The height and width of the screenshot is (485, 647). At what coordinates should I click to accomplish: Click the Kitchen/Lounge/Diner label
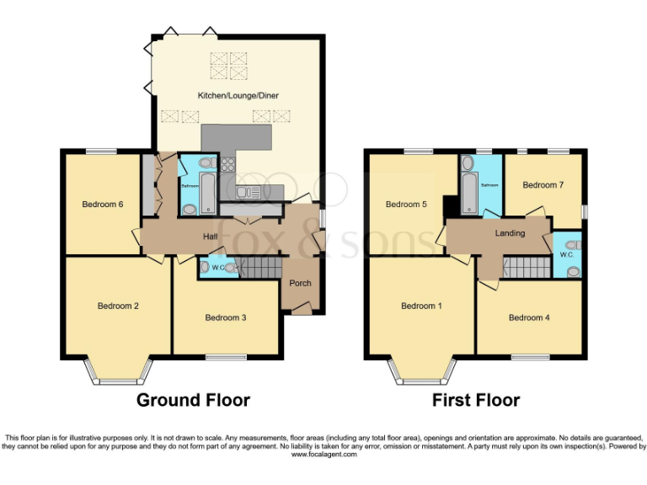tap(238, 96)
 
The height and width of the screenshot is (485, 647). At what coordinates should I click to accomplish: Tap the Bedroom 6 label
tap(103, 204)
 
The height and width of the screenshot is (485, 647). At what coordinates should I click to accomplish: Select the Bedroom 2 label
tap(118, 306)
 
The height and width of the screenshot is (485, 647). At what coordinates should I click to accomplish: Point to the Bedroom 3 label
tap(226, 317)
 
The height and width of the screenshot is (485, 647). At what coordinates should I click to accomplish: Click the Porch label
tap(301, 283)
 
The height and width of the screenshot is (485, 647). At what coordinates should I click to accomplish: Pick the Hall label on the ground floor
tap(211, 237)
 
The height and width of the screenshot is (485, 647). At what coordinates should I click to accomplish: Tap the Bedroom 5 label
tap(407, 204)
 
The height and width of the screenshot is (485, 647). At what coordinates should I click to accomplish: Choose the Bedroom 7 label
tap(543, 184)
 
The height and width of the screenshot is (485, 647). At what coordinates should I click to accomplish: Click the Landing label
tap(511, 233)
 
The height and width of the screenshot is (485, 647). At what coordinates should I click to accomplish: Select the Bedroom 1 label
tap(421, 306)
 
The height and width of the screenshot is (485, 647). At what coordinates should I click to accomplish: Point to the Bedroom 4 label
tap(529, 317)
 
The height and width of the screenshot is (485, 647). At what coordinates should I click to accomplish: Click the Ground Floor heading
tap(193, 400)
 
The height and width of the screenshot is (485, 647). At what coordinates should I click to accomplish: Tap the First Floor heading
tap(476, 400)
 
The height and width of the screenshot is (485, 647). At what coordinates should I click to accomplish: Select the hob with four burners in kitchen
tap(229, 165)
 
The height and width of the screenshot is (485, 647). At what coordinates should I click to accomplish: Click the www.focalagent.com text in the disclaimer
tap(323, 454)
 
